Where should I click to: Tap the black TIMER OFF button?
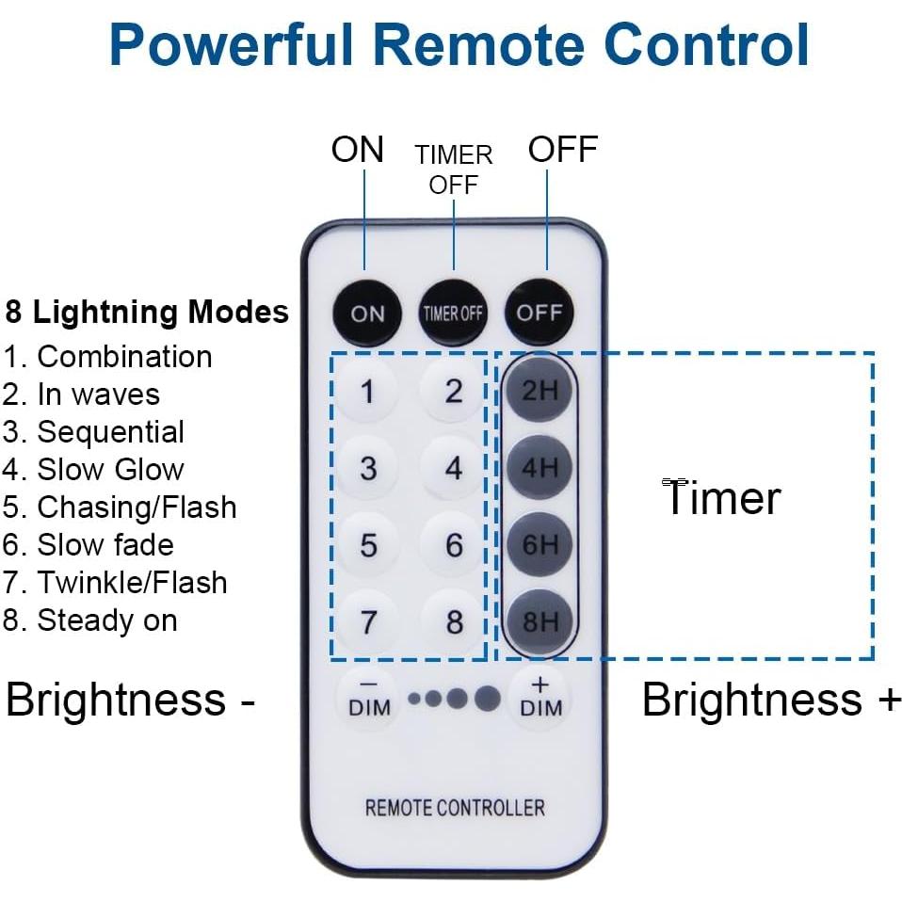[x=453, y=313]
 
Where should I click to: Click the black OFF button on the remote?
[x=539, y=313]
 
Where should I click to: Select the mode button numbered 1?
[x=367, y=391]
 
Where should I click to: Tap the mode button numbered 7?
[x=367, y=621]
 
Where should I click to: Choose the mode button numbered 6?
[x=454, y=545]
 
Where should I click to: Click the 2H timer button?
[x=540, y=390]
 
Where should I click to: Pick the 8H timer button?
[x=540, y=621]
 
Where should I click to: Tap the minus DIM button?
[x=368, y=699]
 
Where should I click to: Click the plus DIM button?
[x=540, y=699]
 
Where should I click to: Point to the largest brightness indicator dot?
[x=487, y=699]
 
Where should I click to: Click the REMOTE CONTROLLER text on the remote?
[x=454, y=808]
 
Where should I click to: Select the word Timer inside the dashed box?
[x=722, y=498]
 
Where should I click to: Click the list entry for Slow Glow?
[x=94, y=469]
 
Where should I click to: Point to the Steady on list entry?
[x=90, y=620]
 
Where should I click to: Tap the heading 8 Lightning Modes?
[x=147, y=312]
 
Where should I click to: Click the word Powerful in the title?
[x=231, y=44]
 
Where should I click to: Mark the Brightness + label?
[x=770, y=701]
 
